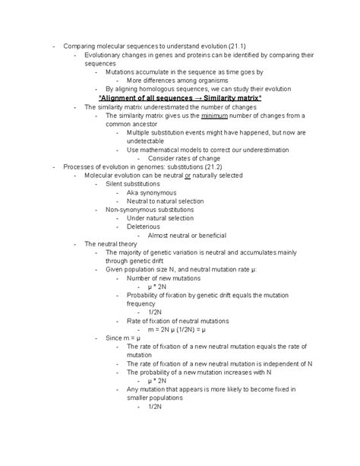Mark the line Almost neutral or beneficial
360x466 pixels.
click(188, 235)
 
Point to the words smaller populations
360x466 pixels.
click(156, 398)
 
